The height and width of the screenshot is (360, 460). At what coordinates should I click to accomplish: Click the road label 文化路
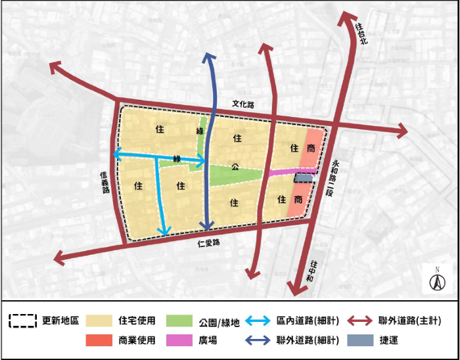point(242,104)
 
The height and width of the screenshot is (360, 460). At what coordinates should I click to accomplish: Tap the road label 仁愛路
point(208,242)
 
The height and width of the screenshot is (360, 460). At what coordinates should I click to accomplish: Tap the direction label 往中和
point(314,272)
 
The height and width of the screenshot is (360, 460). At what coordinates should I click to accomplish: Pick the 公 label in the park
point(234,166)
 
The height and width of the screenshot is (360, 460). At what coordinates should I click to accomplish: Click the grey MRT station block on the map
point(304,177)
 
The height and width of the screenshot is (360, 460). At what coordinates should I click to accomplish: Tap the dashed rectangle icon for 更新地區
point(22,321)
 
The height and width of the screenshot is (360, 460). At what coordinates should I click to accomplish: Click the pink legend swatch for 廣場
point(179,341)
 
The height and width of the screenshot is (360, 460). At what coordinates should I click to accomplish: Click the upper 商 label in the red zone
point(310,149)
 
